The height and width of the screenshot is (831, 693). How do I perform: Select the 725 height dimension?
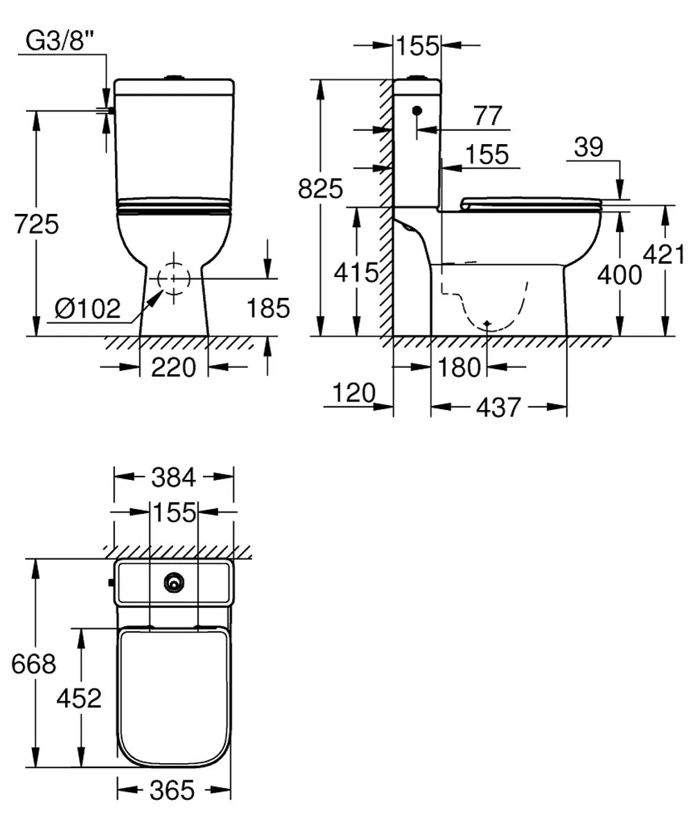(36, 225)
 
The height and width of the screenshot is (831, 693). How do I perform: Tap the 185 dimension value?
(269, 307)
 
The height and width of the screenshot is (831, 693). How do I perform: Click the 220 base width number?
(174, 368)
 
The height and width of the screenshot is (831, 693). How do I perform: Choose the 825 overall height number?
(320, 188)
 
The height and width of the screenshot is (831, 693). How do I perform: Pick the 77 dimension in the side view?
(487, 116)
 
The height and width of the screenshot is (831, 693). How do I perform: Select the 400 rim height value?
(619, 275)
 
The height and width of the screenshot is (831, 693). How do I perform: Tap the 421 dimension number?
(665, 255)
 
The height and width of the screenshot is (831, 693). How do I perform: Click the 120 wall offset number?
(353, 393)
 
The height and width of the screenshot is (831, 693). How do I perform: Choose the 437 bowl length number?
(498, 408)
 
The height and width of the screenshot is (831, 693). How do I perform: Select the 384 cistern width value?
(174, 476)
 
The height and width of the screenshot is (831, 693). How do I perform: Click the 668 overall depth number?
(33, 663)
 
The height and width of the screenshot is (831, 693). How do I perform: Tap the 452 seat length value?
(80, 698)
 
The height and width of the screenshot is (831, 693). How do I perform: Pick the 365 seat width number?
(172, 790)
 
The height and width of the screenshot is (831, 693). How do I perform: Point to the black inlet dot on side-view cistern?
(416, 111)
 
